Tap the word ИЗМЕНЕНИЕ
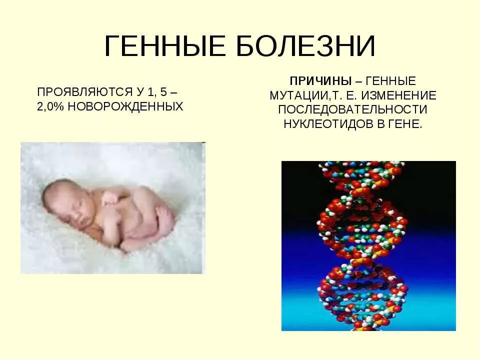(x=402, y=95)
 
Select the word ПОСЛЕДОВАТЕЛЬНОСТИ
(x=353, y=109)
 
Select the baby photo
(x=112, y=207)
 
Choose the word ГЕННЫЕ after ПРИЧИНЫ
(x=392, y=81)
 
